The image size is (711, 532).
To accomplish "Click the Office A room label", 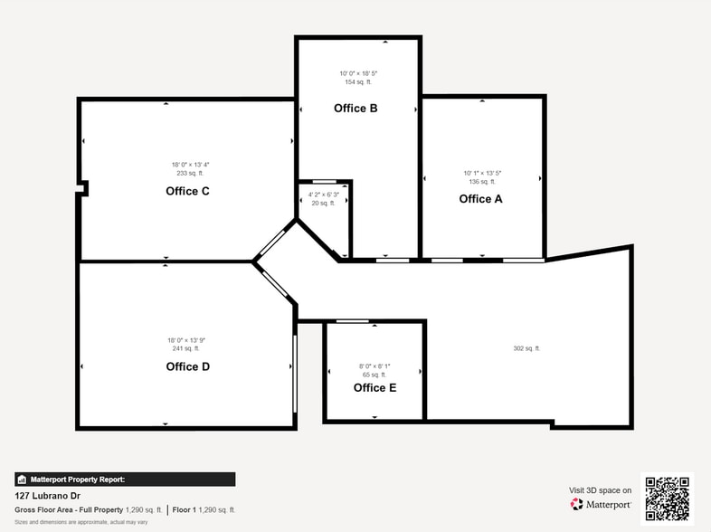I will coord(480,199).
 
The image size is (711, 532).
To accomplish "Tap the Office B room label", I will coord(355,109).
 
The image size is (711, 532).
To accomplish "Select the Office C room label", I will coord(187,191).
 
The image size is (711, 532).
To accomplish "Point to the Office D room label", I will coord(187,366).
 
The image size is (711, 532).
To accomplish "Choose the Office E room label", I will coord(374,388).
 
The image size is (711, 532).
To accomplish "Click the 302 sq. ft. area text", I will coord(526,348).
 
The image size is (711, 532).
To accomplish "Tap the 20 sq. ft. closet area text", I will coord(323,204).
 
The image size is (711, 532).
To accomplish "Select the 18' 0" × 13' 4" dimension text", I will coord(190,165).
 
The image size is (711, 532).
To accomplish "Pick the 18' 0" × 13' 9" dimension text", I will coord(185,340).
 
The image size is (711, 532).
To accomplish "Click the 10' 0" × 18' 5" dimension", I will coord(358,73).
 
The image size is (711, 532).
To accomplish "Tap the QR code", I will coord(667,499).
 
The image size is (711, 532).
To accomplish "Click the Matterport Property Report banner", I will coord(125,480).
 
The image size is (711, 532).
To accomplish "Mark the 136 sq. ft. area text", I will coord(482,182).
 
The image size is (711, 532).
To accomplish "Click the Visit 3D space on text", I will coord(600,490).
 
